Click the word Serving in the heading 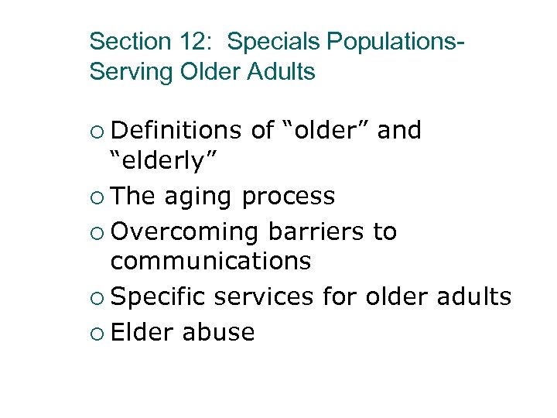(x=132, y=72)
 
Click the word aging (x=198, y=197)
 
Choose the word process (x=289, y=197)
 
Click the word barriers (x=317, y=231)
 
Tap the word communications (x=210, y=262)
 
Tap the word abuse (x=219, y=331)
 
